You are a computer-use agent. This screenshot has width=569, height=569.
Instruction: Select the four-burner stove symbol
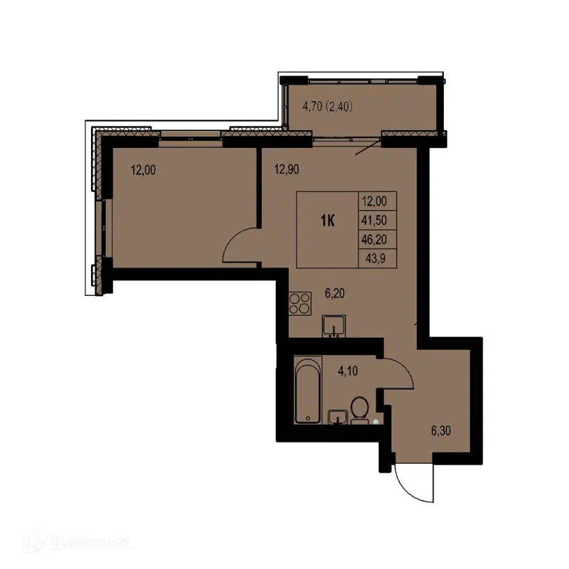[x=300, y=304]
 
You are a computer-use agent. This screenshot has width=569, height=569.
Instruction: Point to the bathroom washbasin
[x=337, y=416]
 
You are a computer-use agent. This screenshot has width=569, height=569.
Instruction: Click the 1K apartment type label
[x=328, y=221]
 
